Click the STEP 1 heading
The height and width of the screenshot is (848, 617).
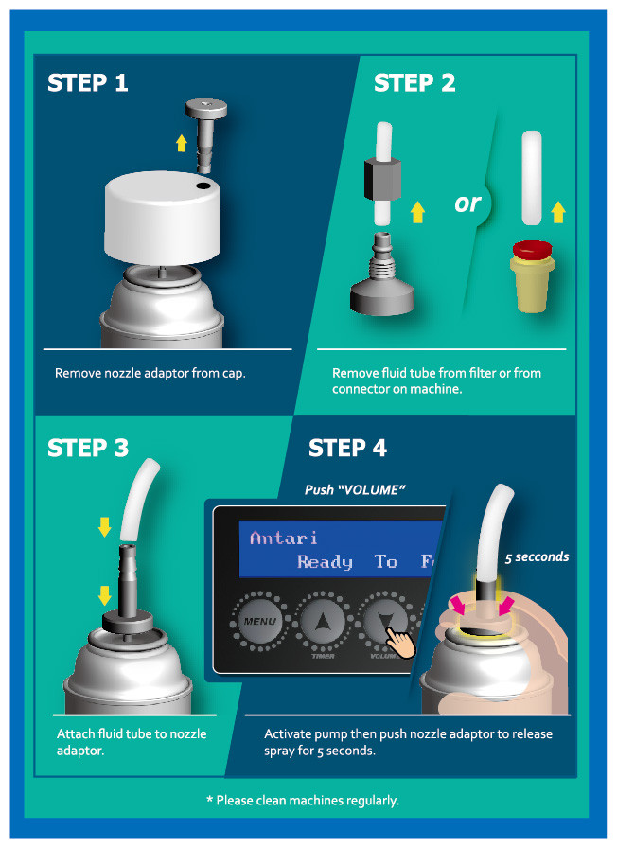[x=88, y=82]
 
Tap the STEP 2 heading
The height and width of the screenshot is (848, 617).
[x=414, y=82]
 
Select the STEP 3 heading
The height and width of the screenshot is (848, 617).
[x=88, y=448]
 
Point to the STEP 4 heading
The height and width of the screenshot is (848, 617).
[x=347, y=448]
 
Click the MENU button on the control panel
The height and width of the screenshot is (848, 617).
[x=260, y=622]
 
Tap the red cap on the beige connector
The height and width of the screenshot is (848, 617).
[x=532, y=250]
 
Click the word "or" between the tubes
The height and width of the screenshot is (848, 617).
[x=467, y=203]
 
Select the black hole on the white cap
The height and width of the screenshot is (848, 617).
[x=203, y=185]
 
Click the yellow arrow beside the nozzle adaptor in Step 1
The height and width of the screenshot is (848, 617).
[x=182, y=143]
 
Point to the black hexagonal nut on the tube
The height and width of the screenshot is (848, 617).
[x=381, y=178]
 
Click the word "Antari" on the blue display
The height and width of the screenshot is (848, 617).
[x=283, y=538]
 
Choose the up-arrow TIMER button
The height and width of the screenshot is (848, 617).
[x=323, y=622]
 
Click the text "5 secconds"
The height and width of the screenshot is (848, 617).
[x=537, y=557]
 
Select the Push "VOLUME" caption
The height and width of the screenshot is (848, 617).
[x=355, y=490]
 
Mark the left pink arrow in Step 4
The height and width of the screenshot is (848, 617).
[x=459, y=605]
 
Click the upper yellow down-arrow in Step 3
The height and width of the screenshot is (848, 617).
[x=104, y=526]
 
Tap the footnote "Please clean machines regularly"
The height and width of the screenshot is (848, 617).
[x=303, y=800]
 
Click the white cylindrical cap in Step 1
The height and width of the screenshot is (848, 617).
[x=162, y=218]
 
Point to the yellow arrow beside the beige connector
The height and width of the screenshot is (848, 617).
[x=558, y=212]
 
